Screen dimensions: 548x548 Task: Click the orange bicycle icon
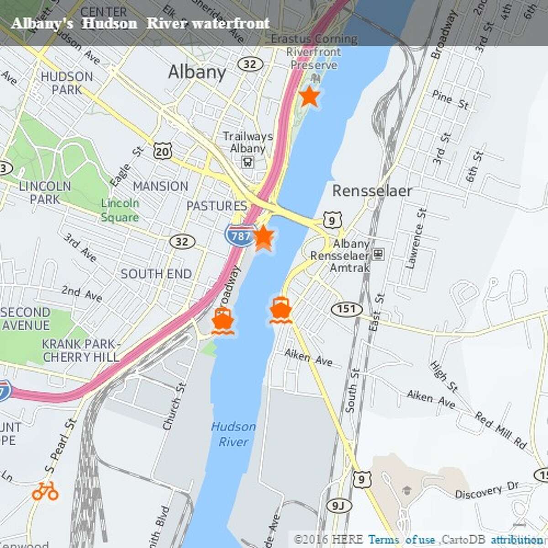[45, 491]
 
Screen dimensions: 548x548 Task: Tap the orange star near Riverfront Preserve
[309, 96]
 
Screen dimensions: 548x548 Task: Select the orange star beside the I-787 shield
[263, 237]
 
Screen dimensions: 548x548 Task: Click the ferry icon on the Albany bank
[223, 321]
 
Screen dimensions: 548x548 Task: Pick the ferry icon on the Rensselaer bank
[280, 310]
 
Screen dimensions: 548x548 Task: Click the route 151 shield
[346, 309]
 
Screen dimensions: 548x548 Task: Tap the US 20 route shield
[163, 151]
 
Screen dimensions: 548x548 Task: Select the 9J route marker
[337, 505]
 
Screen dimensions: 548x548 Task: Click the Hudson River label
[233, 434]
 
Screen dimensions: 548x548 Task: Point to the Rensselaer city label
[372, 191]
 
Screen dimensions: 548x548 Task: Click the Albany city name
[197, 72]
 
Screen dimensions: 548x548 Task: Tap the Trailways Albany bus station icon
[248, 162]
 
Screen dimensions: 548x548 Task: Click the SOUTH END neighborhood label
[156, 274]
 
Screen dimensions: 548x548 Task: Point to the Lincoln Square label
[120, 210]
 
